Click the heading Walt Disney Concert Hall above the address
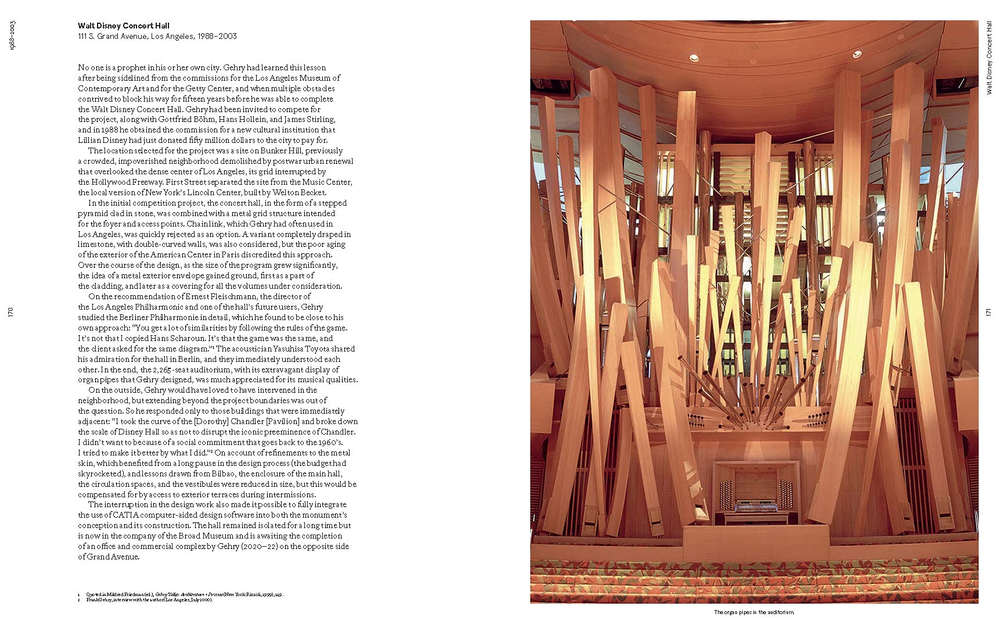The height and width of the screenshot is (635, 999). point(124,26)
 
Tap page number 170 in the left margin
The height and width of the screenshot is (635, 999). point(10,313)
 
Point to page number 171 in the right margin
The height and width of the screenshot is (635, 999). point(989,313)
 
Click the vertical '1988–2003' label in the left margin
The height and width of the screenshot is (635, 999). point(12,35)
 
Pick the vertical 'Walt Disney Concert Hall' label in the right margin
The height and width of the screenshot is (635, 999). point(989,58)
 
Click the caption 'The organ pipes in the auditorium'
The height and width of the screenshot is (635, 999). point(753,612)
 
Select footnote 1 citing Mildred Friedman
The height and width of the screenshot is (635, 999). point(180,594)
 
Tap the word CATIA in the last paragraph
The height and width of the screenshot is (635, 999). point(127,515)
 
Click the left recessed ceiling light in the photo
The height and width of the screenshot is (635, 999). point(694,58)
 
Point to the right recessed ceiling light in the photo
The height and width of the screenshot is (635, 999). point(857,54)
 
